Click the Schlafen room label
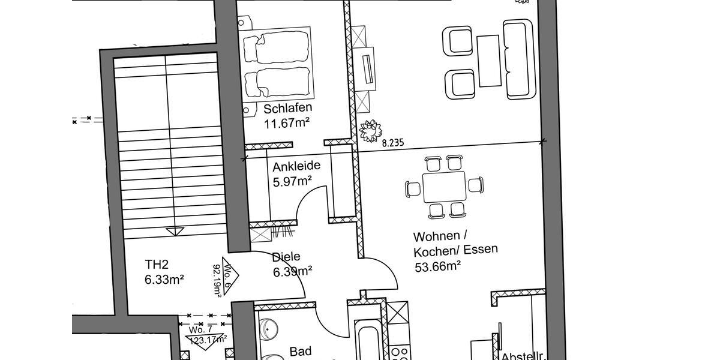287,109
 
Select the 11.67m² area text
286,124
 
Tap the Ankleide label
296,166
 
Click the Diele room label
286,257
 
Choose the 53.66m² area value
437,266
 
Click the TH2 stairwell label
157,264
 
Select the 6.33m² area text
164,279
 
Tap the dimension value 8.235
392,143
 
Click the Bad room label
301,351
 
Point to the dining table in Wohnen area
444,187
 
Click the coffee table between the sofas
488,61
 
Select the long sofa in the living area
518,59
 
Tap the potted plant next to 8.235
370,130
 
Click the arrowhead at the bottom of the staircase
175,231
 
